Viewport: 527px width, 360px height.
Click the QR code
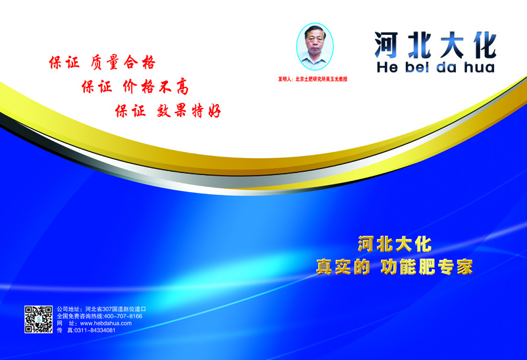coord(38,319)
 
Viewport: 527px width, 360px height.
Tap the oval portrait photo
coord(315,46)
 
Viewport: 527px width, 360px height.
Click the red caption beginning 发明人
coord(312,79)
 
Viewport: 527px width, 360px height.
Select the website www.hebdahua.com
coord(106,323)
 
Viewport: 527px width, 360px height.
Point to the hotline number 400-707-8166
coord(123,317)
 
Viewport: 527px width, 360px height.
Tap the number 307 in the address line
coord(107,309)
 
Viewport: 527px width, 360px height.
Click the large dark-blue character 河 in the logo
coord(387,45)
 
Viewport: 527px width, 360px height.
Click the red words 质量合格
coord(123,63)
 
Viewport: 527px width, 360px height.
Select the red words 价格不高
coord(155,87)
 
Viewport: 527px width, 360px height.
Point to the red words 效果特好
coord(188,111)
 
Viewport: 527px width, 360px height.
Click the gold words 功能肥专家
coord(427,267)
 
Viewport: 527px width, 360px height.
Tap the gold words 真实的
coord(343,267)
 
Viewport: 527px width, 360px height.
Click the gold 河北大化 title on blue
coord(395,244)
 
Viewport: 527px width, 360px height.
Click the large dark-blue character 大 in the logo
coord(452,45)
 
